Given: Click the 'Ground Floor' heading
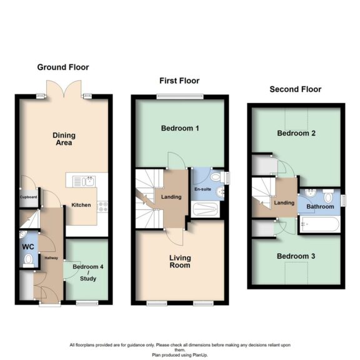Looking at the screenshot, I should pyautogui.click(x=63, y=67).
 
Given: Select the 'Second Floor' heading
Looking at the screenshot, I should pyautogui.click(x=296, y=89).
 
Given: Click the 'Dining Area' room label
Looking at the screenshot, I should pyautogui.click(x=62, y=138).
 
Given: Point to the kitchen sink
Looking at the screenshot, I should pyautogui.click(x=83, y=182).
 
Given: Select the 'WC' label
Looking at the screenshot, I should pyautogui.click(x=28, y=247).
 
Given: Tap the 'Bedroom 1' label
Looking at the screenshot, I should pyautogui.click(x=180, y=129).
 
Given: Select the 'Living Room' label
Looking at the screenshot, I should pyautogui.click(x=179, y=262).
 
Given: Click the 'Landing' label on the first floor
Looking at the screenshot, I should pyautogui.click(x=171, y=197).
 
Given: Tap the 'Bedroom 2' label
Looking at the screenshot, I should pyautogui.click(x=296, y=134).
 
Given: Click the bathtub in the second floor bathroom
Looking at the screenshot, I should pyautogui.click(x=319, y=225).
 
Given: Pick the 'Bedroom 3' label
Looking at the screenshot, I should pyautogui.click(x=296, y=256).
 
